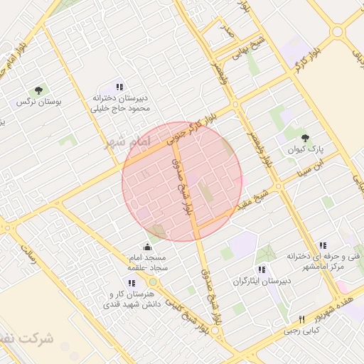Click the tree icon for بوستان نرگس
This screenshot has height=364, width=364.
click(x=38, y=90)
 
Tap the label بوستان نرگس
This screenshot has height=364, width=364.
click(x=40, y=102)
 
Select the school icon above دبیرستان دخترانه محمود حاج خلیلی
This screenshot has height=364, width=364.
click(x=119, y=86)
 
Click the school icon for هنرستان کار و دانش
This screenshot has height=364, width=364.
click(x=131, y=283)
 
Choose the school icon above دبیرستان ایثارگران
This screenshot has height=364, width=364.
click(x=262, y=270)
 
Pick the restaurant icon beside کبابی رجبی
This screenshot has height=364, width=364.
click(x=301, y=319)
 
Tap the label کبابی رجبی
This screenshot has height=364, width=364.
click(x=302, y=331)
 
